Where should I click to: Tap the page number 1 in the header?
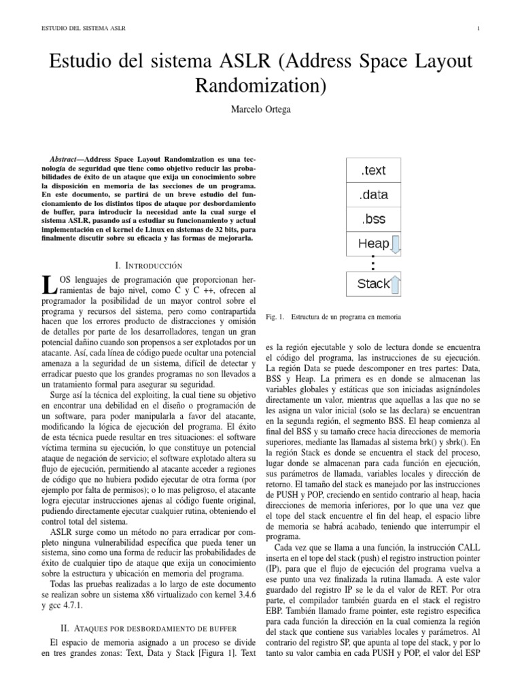(x=479, y=28)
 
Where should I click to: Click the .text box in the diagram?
(x=373, y=171)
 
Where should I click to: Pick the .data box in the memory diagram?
(x=373, y=195)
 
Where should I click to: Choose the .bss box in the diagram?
(x=373, y=219)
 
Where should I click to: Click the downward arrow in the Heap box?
(x=396, y=243)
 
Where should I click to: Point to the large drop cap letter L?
(x=47, y=286)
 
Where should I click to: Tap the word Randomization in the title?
(x=261, y=86)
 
